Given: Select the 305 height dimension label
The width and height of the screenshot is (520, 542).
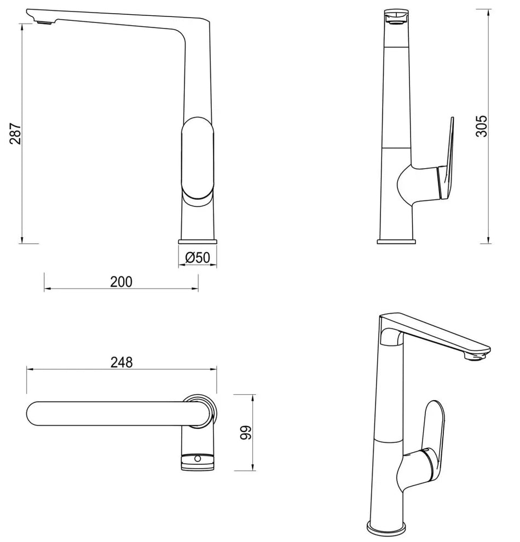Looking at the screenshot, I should [481, 126].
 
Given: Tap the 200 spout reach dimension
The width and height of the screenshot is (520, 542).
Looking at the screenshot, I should [121, 281].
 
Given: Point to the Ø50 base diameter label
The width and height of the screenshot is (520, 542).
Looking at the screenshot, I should [198, 257].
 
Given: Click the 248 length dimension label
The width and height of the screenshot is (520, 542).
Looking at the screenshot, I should [121, 362].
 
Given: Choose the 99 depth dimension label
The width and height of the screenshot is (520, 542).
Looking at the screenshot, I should [246, 433].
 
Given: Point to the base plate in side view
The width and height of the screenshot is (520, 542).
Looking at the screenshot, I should [397, 241].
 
